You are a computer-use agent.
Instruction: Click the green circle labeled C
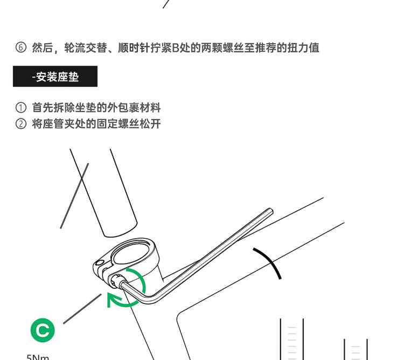click(x=43, y=330)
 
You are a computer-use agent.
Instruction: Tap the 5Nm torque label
click(x=38, y=356)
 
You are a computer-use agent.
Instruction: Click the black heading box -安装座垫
click(x=55, y=77)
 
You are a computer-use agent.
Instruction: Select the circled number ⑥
click(x=20, y=47)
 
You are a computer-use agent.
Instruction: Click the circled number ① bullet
click(x=20, y=108)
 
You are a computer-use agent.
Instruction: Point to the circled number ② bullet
click(x=20, y=124)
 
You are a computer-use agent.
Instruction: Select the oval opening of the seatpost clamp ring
click(x=134, y=253)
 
